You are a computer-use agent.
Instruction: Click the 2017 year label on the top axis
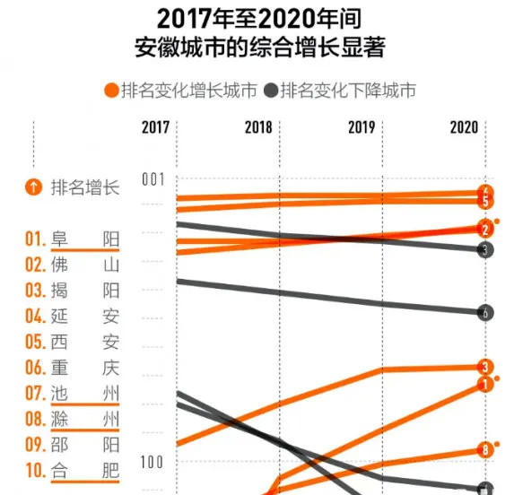[155, 127]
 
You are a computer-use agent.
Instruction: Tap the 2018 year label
[258, 127]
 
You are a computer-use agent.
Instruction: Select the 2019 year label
[362, 127]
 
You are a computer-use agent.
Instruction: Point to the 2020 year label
[464, 127]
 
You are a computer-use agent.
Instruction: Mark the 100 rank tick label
[154, 461]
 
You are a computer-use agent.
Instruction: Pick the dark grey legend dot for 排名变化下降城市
[270, 91]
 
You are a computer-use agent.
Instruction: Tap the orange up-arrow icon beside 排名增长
[33, 187]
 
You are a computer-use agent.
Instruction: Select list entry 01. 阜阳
[73, 239]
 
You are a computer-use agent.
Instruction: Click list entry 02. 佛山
[73, 265]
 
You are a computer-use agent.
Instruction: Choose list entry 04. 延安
[73, 316]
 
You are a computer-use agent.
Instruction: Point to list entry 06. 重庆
[73, 368]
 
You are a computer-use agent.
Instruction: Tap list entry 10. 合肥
[73, 470]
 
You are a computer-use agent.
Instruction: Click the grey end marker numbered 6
[484, 313]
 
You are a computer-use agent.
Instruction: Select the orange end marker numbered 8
[484, 450]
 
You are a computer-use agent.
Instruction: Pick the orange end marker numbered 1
[484, 384]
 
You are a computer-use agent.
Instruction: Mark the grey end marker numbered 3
[484, 250]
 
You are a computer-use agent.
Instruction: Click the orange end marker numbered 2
[484, 229]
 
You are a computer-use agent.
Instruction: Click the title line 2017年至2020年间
[260, 19]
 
